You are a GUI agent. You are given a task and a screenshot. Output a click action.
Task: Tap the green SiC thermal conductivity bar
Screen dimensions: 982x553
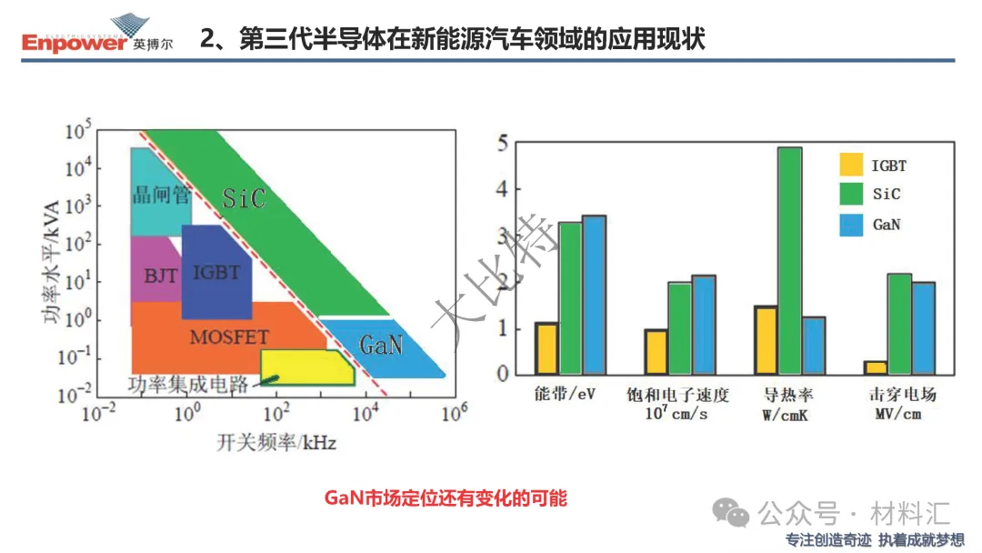[789, 260]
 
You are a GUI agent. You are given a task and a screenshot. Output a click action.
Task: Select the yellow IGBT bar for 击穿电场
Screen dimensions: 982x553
[876, 367]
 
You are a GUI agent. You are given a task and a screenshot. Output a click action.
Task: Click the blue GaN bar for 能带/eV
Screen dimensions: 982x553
[594, 295]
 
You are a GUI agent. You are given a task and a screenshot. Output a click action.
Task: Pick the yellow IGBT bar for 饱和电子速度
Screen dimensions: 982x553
[656, 352]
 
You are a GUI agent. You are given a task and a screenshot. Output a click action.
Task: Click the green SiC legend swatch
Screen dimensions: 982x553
[851, 194]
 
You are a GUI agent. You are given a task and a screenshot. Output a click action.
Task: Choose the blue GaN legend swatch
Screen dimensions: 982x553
[851, 225]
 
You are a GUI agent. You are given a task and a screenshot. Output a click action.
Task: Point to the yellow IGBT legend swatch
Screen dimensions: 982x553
[851, 164]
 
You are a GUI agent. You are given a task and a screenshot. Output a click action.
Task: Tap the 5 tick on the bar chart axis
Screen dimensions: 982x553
[503, 144]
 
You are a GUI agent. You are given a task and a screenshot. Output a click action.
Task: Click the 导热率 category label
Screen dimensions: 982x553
[787, 395]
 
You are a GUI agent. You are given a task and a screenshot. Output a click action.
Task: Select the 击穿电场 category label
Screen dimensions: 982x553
[903, 394]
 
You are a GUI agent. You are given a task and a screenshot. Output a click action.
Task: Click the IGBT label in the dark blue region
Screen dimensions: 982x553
[216, 273]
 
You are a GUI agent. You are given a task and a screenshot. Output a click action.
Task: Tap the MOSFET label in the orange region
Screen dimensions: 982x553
[229, 337]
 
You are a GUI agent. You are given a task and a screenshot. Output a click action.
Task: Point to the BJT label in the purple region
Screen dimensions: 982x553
[160, 276]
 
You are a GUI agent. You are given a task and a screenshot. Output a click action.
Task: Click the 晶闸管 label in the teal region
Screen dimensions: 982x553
[161, 195]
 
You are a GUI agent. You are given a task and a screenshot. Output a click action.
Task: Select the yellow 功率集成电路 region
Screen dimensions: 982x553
[307, 367]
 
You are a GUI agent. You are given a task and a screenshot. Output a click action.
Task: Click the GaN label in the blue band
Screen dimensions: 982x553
[381, 345]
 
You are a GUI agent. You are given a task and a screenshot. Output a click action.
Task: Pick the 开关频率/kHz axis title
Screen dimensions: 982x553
[276, 443]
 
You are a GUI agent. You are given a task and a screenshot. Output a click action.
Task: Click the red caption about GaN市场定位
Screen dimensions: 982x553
[446, 498]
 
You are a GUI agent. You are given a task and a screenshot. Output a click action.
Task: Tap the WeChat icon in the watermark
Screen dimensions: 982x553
[730, 514]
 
